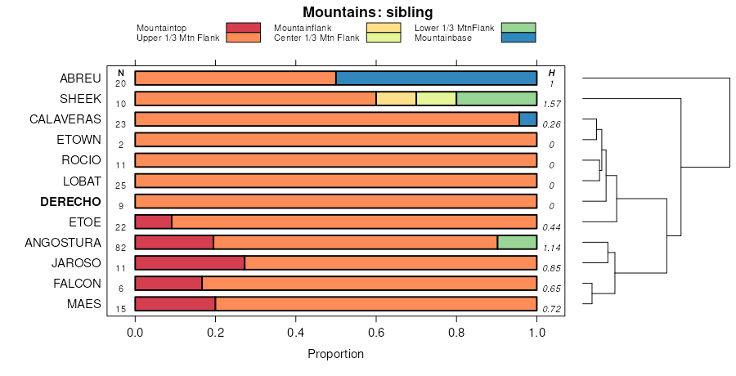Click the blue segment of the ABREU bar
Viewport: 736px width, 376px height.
(x=436, y=78)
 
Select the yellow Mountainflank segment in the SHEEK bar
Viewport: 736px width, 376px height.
(x=396, y=99)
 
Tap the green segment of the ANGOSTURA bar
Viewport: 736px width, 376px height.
(x=517, y=242)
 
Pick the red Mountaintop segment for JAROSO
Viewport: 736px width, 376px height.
(x=190, y=262)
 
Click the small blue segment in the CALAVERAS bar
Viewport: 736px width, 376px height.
(x=527, y=119)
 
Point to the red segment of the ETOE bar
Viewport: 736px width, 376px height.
(x=153, y=222)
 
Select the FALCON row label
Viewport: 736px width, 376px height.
(x=78, y=284)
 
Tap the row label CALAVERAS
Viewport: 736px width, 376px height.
(x=65, y=119)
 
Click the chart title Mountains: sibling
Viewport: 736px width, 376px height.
(x=368, y=11)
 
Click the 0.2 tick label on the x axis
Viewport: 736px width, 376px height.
(x=215, y=333)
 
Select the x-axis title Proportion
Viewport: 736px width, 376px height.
(x=335, y=354)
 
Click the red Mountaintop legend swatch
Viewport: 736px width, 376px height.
(x=243, y=28)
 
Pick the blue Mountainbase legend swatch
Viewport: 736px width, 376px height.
(x=518, y=38)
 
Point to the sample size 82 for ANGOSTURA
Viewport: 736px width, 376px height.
(x=120, y=248)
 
